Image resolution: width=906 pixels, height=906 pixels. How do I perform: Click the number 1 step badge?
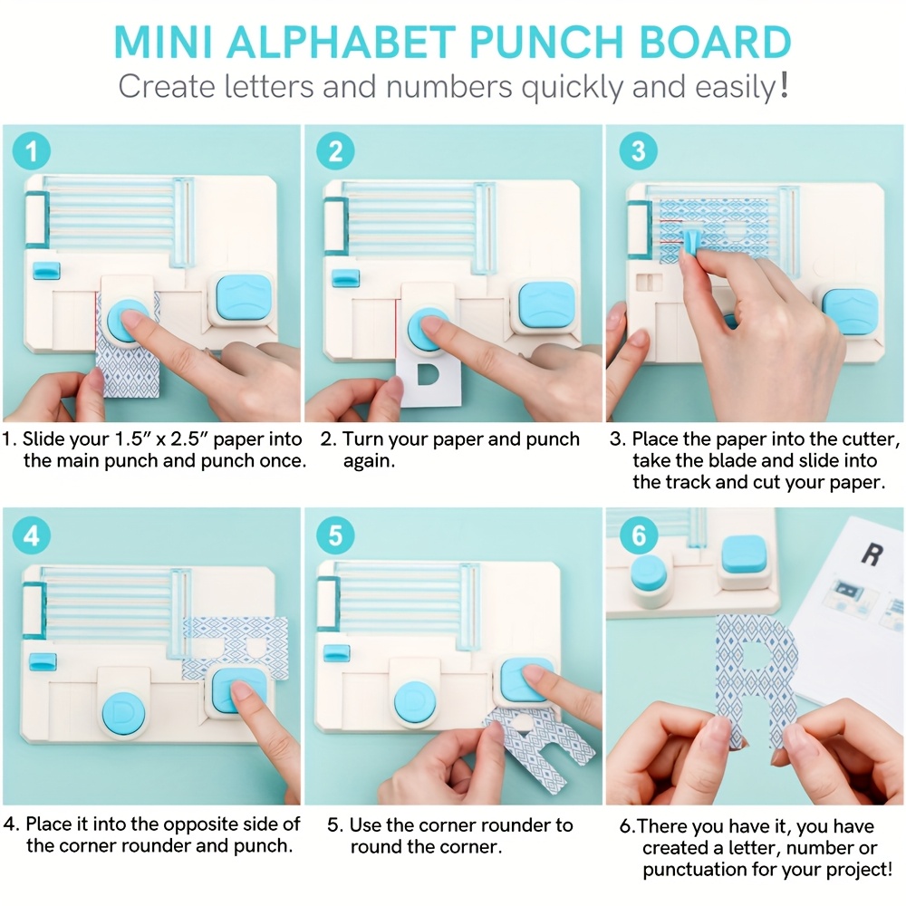(x=31, y=150)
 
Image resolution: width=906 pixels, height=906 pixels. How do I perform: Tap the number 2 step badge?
(x=336, y=150)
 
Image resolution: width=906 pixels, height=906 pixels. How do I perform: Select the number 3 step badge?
(x=638, y=150)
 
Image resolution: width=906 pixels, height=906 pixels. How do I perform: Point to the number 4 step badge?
(x=31, y=535)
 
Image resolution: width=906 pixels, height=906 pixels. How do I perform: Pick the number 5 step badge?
(x=336, y=535)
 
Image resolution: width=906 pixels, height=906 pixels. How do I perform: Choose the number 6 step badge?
(x=639, y=535)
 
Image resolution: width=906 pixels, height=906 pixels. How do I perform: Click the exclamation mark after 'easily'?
(x=783, y=85)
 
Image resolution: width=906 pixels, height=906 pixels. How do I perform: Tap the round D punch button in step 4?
(x=123, y=713)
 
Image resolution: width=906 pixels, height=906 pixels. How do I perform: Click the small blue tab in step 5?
(x=336, y=653)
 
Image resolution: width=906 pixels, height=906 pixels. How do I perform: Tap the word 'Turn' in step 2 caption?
(x=362, y=439)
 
